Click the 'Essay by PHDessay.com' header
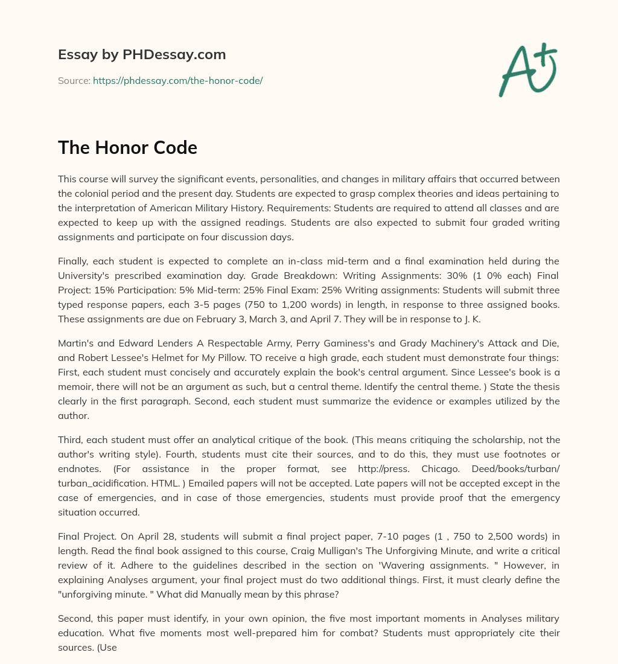click(142, 55)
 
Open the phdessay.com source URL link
click(177, 80)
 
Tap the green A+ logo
click(527, 69)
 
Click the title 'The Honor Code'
click(127, 147)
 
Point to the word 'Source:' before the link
click(74, 80)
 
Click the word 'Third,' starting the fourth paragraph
click(71, 439)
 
